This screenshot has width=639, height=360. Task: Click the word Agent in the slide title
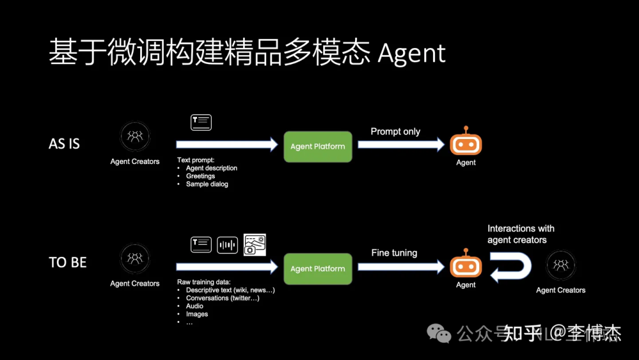tap(412, 53)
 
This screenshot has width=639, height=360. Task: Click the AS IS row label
tap(64, 144)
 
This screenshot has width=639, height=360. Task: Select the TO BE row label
tap(67, 262)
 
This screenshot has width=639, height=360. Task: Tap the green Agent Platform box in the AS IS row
tap(318, 146)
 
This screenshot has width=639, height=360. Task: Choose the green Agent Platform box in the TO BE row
tap(318, 269)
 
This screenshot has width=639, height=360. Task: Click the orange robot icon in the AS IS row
tap(466, 143)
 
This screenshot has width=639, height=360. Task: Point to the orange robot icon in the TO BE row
tap(466, 265)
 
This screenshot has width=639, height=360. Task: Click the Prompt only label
tap(395, 131)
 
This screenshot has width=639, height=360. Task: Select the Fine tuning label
tap(394, 253)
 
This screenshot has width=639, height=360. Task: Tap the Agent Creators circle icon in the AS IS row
tap(135, 137)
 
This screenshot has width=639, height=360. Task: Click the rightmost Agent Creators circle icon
tap(560, 265)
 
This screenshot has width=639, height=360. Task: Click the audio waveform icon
tap(227, 245)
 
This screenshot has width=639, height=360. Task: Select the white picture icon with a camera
tap(255, 245)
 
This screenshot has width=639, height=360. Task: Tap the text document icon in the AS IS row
tap(201, 123)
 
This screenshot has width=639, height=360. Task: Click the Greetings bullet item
tap(201, 176)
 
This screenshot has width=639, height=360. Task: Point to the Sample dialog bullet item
tap(207, 184)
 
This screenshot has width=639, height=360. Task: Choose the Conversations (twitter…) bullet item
tap(222, 298)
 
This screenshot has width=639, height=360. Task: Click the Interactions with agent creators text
tap(521, 234)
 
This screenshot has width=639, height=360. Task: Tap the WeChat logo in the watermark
tap(440, 333)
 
